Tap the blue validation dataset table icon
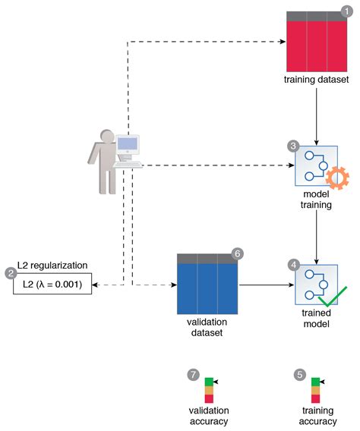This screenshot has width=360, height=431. point(207,285)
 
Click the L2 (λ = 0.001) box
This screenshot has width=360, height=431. point(52,285)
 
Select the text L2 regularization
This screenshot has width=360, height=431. point(52,266)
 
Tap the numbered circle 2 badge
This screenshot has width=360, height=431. point(11,273)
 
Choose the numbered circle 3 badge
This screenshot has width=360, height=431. point(293,144)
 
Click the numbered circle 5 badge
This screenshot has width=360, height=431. point(300,374)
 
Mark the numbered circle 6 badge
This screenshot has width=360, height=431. point(237,253)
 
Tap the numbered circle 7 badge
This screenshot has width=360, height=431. point(194,374)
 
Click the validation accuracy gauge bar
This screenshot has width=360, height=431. point(209,389)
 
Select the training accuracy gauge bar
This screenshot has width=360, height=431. point(315,389)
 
